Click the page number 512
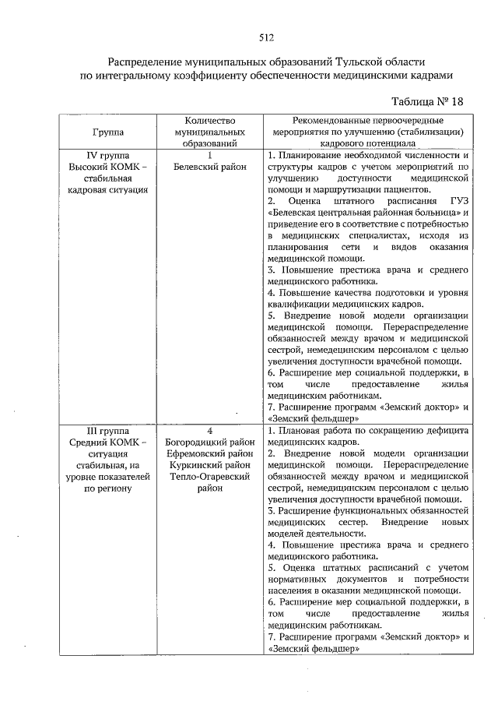coord(265,37)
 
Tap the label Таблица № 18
coord(427,102)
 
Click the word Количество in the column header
coord(210,122)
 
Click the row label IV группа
coord(108,155)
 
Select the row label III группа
coord(108,431)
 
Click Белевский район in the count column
coord(210,166)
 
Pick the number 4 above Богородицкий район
coord(210,431)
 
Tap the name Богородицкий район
coord(210,442)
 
